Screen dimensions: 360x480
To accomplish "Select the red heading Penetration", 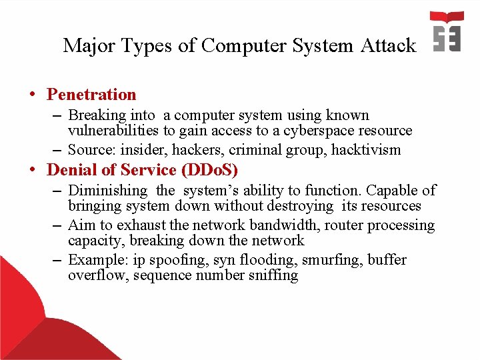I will coord(91,95).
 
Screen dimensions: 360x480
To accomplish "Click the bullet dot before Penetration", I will coord(33,95).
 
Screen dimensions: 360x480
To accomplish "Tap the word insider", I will coord(141,149).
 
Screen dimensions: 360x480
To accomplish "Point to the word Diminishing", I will coord(108,191).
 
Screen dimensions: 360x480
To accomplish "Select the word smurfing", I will coord(326,259).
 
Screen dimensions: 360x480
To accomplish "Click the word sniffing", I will coord(273,275).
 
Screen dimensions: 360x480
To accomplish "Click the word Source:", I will coord(92,149).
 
